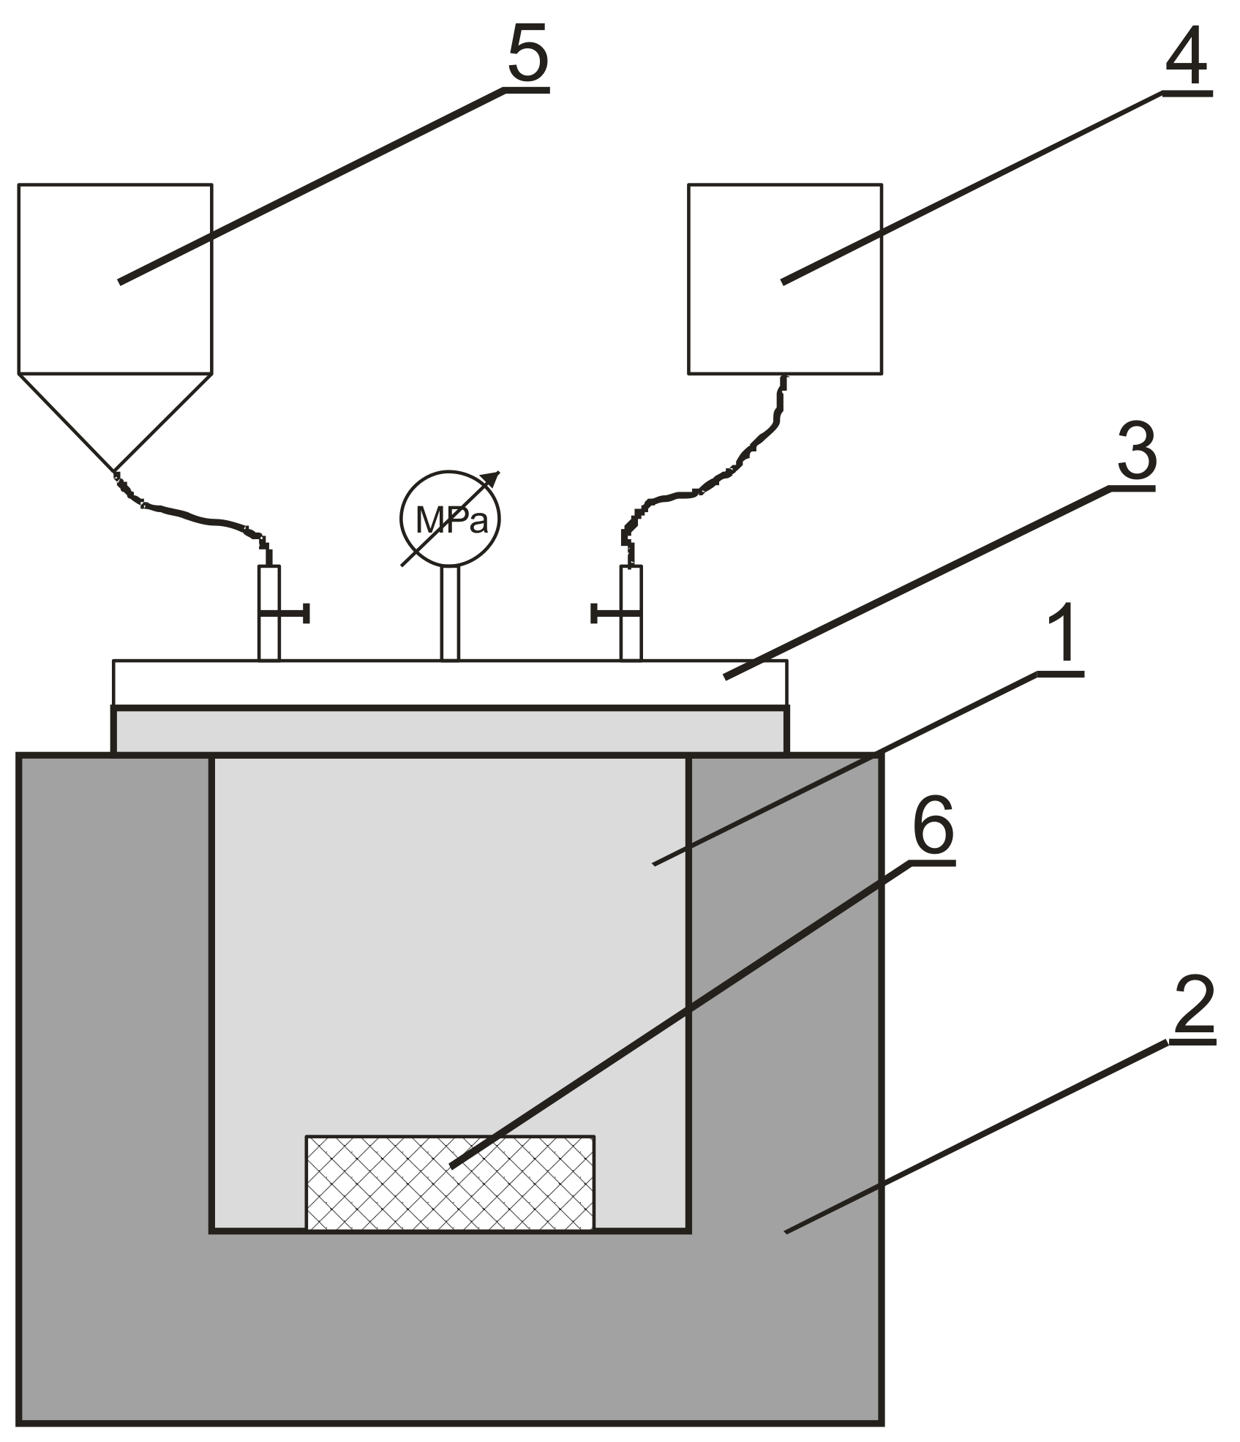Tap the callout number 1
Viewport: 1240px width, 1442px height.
pyautogui.click(x=1063, y=635)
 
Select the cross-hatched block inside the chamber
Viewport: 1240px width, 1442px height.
pyautogui.click(x=449, y=1182)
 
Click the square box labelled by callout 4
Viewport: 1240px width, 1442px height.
pyautogui.click(x=784, y=279)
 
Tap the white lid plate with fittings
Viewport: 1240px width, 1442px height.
pyautogui.click(x=450, y=682)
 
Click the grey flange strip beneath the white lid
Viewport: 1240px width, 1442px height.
pyautogui.click(x=450, y=730)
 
